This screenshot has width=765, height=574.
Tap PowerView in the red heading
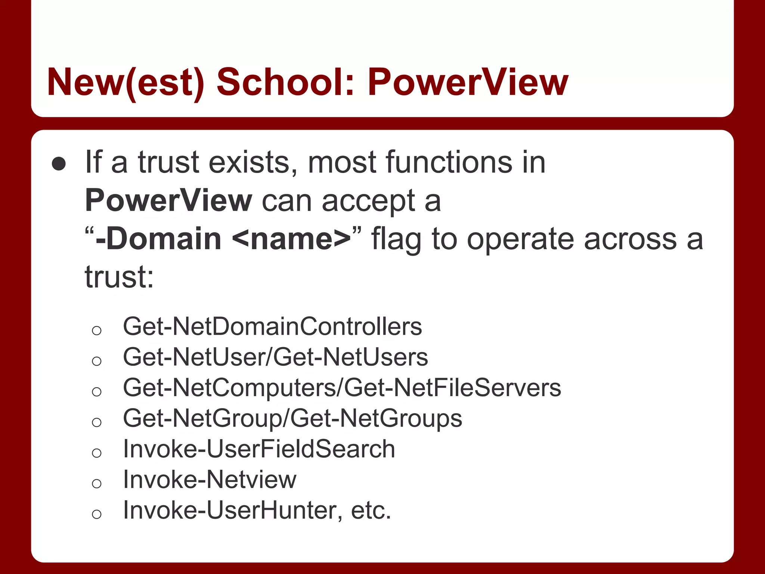468,82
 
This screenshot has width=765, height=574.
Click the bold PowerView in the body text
168,201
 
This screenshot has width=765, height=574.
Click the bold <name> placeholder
292,239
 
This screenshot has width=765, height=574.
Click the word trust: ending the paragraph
119,277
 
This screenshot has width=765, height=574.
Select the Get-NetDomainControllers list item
272,326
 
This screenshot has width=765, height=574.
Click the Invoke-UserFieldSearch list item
259,448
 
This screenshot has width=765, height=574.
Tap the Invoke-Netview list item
210,479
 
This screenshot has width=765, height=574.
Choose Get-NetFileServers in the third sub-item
452,388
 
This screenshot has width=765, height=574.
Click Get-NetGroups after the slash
376,418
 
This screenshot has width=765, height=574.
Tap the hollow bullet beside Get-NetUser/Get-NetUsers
97,361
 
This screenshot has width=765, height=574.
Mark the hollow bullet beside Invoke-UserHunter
97,514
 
